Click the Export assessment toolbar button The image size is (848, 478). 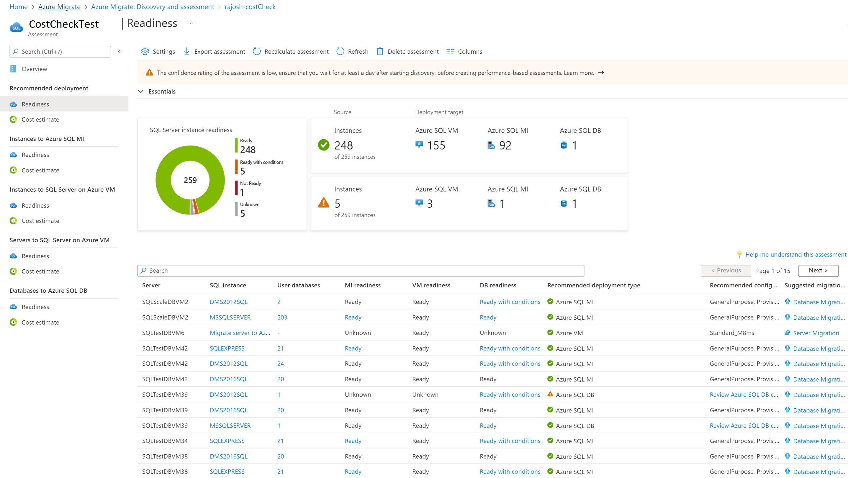[214, 52]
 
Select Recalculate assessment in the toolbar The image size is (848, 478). [291, 52]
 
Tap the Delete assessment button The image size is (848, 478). [407, 52]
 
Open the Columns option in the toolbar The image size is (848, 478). [464, 52]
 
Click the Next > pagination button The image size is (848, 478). [818, 270]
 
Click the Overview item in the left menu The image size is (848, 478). [34, 69]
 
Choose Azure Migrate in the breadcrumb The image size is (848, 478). [59, 7]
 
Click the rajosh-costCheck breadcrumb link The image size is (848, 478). [250, 7]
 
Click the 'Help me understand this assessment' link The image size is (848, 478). [795, 254]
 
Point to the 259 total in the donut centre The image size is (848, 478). [190, 180]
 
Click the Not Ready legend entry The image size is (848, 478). [250, 183]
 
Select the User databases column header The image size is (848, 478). [298, 285]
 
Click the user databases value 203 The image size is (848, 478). [282, 317]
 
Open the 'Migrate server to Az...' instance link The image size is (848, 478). [240, 333]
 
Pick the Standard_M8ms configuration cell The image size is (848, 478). [731, 333]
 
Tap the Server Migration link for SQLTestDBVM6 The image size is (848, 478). [816, 333]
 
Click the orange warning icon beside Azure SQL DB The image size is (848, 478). [550, 394]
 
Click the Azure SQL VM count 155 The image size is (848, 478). [436, 145]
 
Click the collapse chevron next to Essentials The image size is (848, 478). [141, 91]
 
